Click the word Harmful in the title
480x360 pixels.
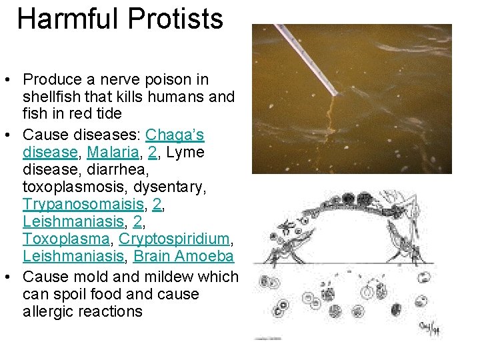[65, 19]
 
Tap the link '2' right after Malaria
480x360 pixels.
[153, 153]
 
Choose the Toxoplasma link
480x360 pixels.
[67, 239]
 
